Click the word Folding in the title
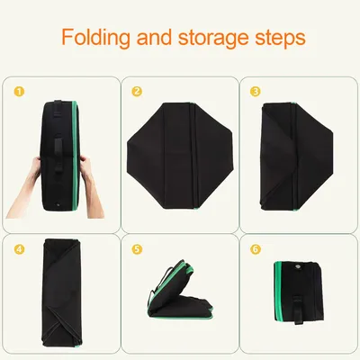click(x=96, y=38)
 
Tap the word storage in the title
click(x=213, y=38)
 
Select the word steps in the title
click(x=280, y=39)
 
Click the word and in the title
click(x=154, y=37)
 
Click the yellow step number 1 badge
click(x=19, y=92)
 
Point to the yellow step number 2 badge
click(x=137, y=92)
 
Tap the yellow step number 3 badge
click(x=256, y=92)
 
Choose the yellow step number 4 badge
click(x=19, y=249)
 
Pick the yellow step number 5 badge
click(x=137, y=249)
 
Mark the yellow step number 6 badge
click(x=256, y=249)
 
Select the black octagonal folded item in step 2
click(x=180, y=156)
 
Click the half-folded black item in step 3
click(x=295, y=156)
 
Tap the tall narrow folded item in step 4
click(x=62, y=292)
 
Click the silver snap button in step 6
click(x=299, y=266)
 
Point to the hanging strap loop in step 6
click(x=297, y=310)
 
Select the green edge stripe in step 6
click(x=277, y=291)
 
